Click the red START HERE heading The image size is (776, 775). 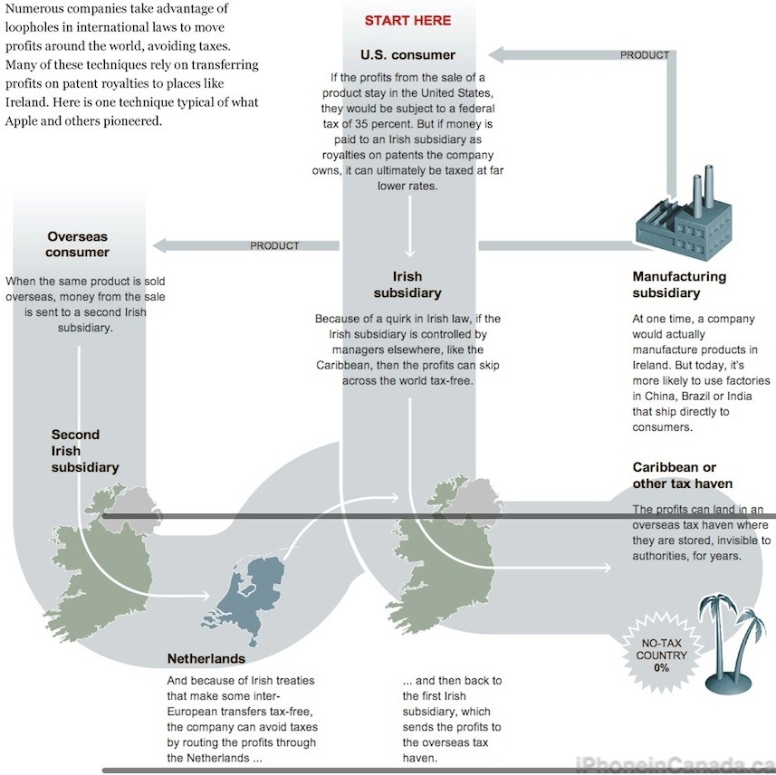(407, 20)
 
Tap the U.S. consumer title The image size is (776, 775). (407, 55)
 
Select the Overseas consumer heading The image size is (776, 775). (77, 244)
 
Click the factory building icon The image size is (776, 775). (684, 214)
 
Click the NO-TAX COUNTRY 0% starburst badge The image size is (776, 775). (661, 655)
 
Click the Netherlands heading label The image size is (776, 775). (206, 659)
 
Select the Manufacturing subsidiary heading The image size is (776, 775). (679, 284)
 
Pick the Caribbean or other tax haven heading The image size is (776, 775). (683, 475)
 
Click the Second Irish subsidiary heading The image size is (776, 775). (85, 451)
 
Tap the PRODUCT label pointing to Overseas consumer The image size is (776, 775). (274, 245)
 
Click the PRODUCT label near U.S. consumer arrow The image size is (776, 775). (645, 55)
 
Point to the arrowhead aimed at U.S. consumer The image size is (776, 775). (496, 55)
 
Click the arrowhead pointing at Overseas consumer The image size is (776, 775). (160, 245)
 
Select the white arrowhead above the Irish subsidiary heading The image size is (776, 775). (409, 254)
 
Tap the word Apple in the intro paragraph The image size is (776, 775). (22, 121)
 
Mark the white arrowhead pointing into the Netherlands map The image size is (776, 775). (206, 596)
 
